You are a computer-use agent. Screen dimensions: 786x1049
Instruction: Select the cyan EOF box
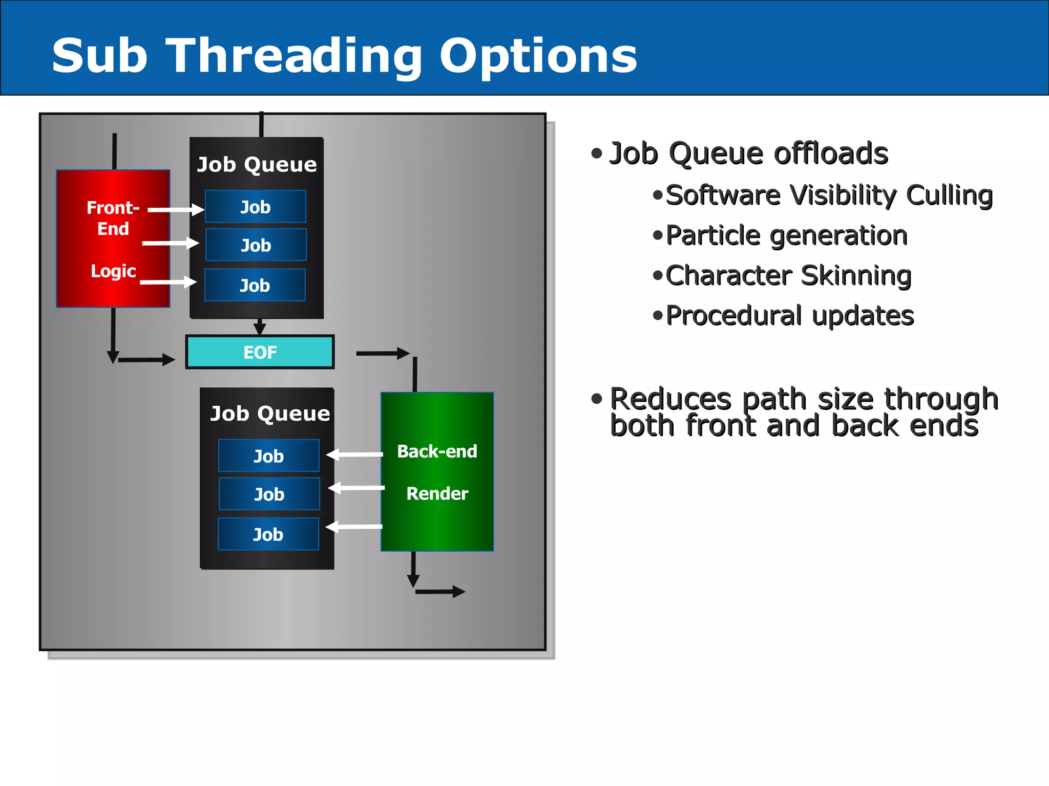tap(260, 352)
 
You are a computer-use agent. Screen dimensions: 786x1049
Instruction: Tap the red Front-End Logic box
tap(113, 238)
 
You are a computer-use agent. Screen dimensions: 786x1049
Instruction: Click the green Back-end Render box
tap(437, 471)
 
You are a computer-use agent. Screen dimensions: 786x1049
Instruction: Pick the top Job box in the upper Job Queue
tap(255, 207)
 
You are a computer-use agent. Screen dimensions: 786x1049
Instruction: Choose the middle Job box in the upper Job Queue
tap(256, 245)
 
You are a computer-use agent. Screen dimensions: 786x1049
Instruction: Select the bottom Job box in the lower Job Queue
tap(268, 534)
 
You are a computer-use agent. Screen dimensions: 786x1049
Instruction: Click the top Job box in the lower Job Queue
tap(268, 455)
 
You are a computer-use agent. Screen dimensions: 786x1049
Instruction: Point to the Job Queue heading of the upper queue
tap(257, 164)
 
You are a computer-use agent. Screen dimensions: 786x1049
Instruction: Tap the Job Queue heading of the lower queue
tap(270, 413)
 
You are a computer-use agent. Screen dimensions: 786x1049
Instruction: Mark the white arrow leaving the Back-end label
tap(354, 454)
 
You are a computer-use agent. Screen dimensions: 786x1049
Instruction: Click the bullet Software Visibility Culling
tap(829, 195)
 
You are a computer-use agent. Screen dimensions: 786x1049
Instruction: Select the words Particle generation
tap(786, 235)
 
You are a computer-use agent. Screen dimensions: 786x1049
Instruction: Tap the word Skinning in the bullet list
tap(856, 275)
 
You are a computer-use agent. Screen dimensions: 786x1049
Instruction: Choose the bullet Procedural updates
tap(789, 315)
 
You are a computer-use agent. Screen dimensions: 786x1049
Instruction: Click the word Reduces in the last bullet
tap(670, 399)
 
